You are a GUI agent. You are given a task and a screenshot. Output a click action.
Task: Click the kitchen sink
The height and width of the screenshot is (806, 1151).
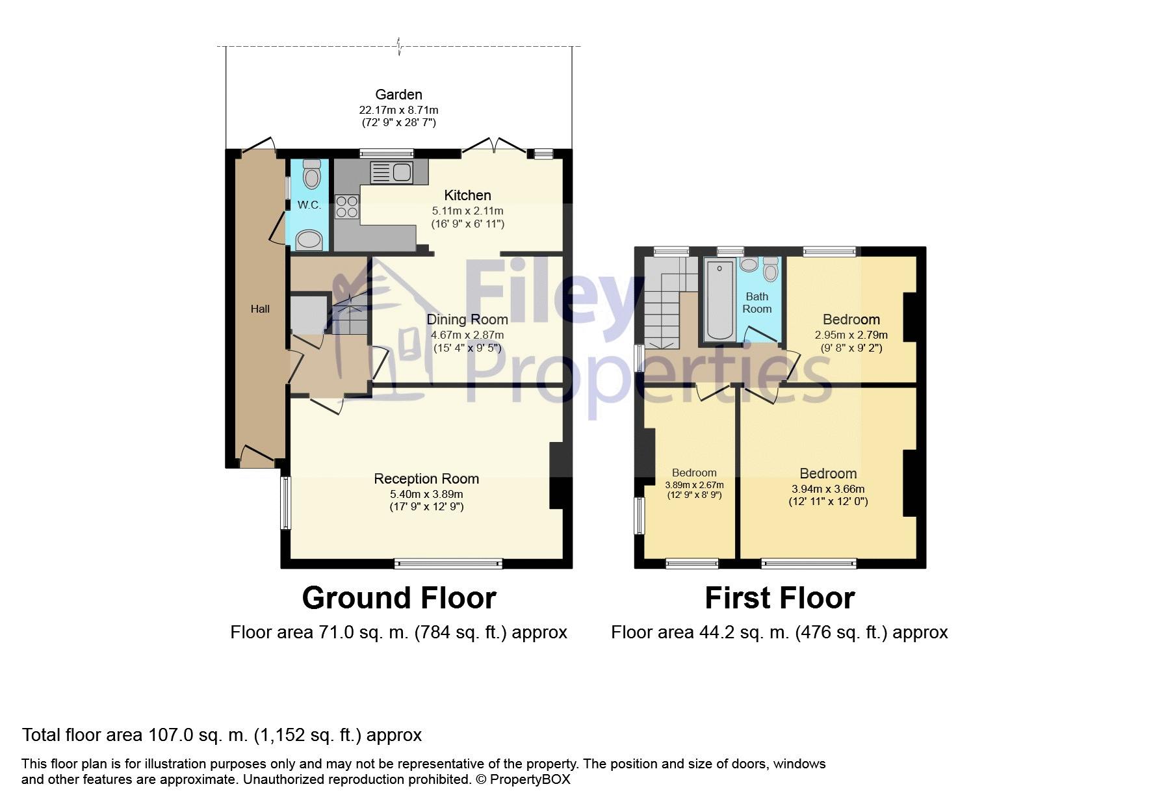(x=391, y=172)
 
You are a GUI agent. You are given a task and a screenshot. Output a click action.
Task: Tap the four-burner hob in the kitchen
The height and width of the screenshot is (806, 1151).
(x=346, y=207)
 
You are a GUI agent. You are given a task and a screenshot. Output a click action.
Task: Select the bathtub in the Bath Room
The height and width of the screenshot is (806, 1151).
(x=719, y=300)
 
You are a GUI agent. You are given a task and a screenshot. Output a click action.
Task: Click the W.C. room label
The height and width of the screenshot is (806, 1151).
(x=309, y=205)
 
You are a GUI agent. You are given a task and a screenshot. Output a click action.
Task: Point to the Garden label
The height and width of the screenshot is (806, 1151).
(x=399, y=94)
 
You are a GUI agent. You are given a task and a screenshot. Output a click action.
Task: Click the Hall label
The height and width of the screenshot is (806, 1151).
(x=260, y=309)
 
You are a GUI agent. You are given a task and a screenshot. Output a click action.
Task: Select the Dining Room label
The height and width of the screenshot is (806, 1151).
(x=467, y=319)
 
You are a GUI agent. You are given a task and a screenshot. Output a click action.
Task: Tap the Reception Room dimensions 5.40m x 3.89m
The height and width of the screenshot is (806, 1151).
(x=426, y=494)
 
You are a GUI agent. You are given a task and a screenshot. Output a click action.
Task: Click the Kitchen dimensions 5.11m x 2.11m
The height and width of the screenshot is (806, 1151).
(x=468, y=211)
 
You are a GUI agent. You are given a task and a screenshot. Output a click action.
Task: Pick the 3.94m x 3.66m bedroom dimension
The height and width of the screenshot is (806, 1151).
(x=828, y=489)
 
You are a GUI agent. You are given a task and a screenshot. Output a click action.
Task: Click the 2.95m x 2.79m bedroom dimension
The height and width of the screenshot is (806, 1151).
(x=851, y=335)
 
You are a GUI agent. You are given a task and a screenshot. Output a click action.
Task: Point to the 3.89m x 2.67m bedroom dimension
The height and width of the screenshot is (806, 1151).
(x=694, y=485)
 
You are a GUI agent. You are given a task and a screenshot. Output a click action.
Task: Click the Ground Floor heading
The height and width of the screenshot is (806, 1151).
(x=399, y=598)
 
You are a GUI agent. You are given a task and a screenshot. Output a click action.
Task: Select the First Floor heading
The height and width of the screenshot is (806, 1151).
(x=780, y=598)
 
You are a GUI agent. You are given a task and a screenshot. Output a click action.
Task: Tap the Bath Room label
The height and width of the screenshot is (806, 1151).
(x=757, y=303)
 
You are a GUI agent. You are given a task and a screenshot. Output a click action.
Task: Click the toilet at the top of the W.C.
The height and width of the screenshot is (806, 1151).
(x=312, y=173)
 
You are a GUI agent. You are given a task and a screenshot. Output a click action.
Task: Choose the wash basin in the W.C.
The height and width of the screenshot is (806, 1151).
(x=309, y=240)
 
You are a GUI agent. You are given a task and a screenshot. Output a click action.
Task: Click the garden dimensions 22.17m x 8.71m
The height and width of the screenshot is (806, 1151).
(x=399, y=110)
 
